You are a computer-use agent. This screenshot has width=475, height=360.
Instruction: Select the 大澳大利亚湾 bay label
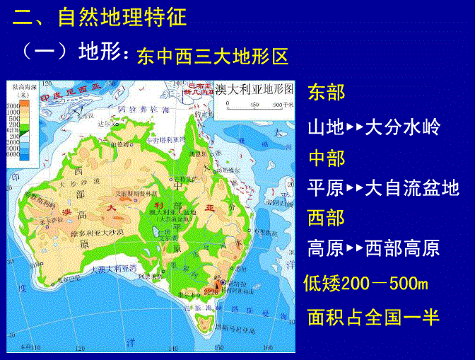(109, 269)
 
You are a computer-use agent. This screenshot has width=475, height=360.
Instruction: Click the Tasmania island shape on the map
(204, 323)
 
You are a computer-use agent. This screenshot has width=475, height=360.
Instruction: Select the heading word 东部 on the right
(327, 92)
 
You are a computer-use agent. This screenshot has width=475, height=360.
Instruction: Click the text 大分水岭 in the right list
(403, 127)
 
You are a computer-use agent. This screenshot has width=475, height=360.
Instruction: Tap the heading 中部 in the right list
(327, 158)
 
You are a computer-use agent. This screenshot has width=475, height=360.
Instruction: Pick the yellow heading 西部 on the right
(327, 218)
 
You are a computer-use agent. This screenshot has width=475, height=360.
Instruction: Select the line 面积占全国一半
(373, 316)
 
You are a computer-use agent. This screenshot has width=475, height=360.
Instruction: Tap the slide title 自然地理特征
(122, 17)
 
